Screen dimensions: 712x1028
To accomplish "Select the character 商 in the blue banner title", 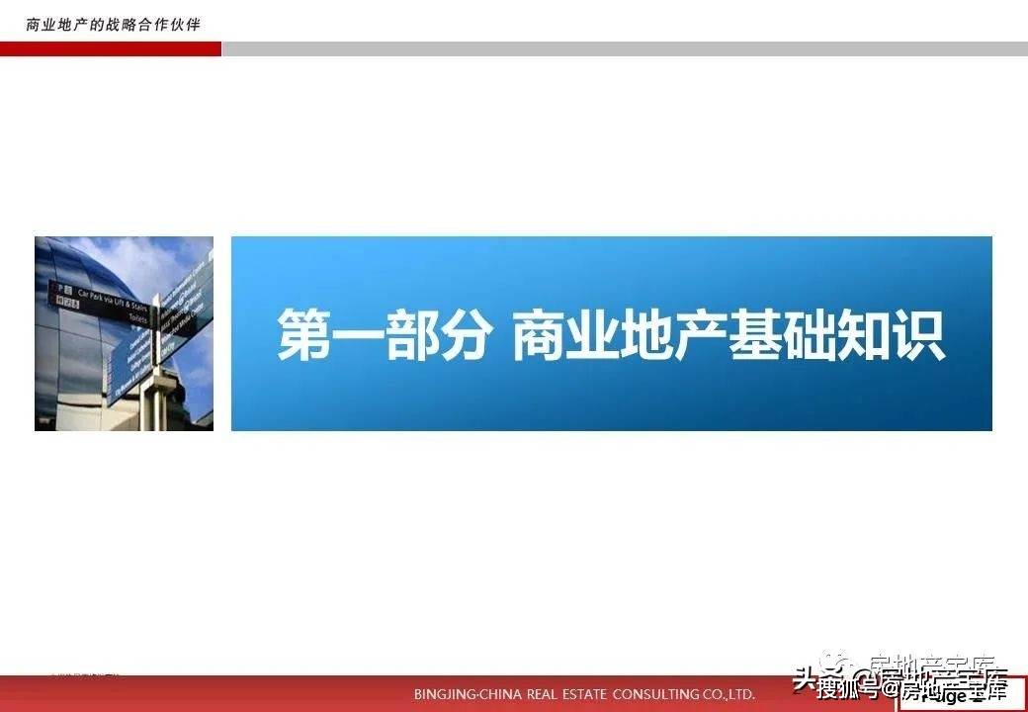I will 540,335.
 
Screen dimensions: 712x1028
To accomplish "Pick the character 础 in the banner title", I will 810,335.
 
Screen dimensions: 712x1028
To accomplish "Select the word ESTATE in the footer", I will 576,694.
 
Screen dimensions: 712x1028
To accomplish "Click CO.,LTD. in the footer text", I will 728,694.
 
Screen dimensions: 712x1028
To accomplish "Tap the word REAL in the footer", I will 535,694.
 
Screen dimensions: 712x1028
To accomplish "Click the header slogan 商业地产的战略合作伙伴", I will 113,24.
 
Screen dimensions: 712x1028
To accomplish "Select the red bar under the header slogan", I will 111,48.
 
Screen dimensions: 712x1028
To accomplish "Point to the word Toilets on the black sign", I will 137,318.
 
